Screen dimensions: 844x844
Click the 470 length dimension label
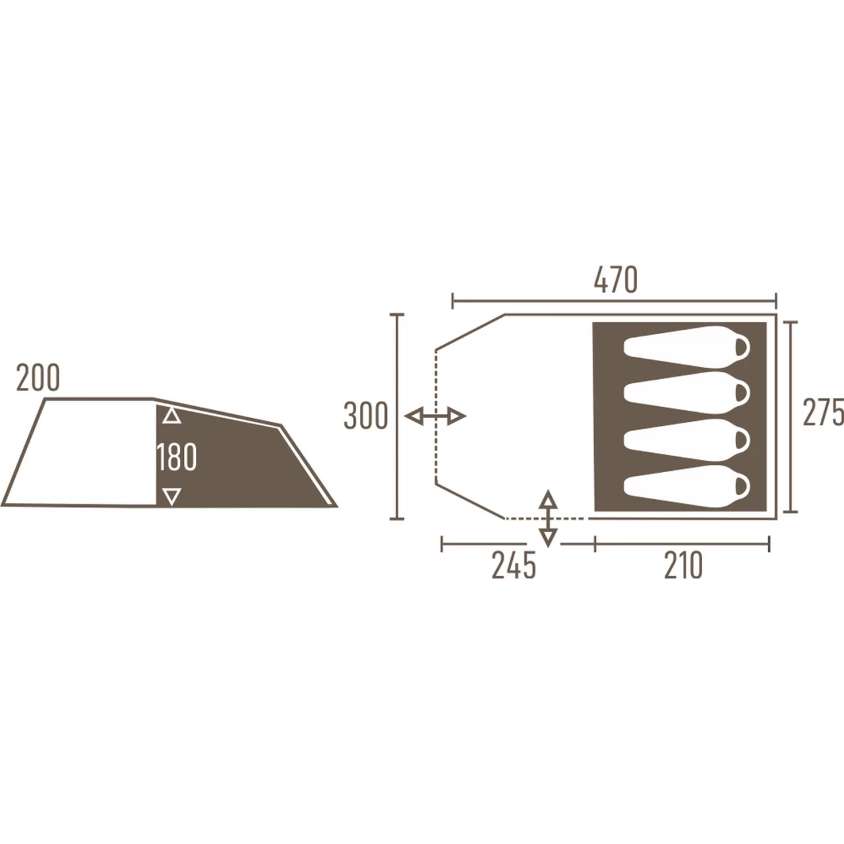click(x=615, y=280)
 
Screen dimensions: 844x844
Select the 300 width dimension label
click(x=366, y=415)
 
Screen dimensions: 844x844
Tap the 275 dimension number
click(x=823, y=412)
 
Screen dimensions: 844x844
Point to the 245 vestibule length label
click(x=513, y=566)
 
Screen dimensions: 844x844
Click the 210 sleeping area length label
click(x=683, y=566)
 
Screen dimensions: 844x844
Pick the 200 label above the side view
click(x=38, y=378)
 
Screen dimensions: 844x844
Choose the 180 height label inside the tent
click(x=177, y=457)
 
